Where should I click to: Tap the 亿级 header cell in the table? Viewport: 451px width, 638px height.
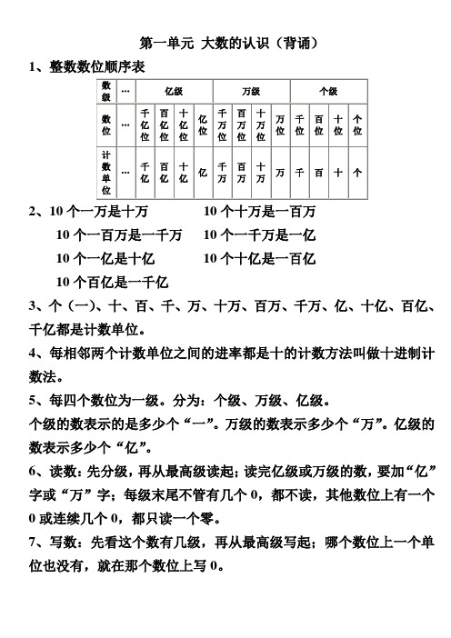coord(173,92)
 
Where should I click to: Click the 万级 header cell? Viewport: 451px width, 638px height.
coord(251,92)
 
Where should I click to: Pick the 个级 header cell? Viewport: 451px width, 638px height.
coord(328,92)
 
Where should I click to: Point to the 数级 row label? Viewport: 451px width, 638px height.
coord(106,92)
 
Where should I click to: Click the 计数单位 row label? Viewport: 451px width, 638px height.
coord(106,172)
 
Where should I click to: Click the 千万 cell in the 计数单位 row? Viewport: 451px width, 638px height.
coord(221,172)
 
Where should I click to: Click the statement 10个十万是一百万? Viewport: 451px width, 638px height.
coord(261,213)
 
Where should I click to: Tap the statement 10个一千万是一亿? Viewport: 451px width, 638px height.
coord(261,236)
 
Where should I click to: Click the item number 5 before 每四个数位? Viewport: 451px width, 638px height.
coord(34,401)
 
